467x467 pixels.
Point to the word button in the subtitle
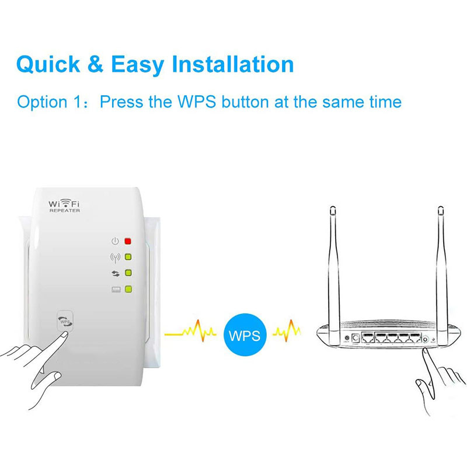(x=239, y=102)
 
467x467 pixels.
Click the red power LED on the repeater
(x=128, y=241)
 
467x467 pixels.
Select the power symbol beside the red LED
(x=115, y=241)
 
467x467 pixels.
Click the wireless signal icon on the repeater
(x=115, y=257)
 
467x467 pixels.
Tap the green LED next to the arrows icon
(x=128, y=273)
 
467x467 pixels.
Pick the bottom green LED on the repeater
(x=128, y=288)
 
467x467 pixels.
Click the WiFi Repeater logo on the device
(x=64, y=205)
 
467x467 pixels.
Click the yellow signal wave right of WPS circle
(x=287, y=333)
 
